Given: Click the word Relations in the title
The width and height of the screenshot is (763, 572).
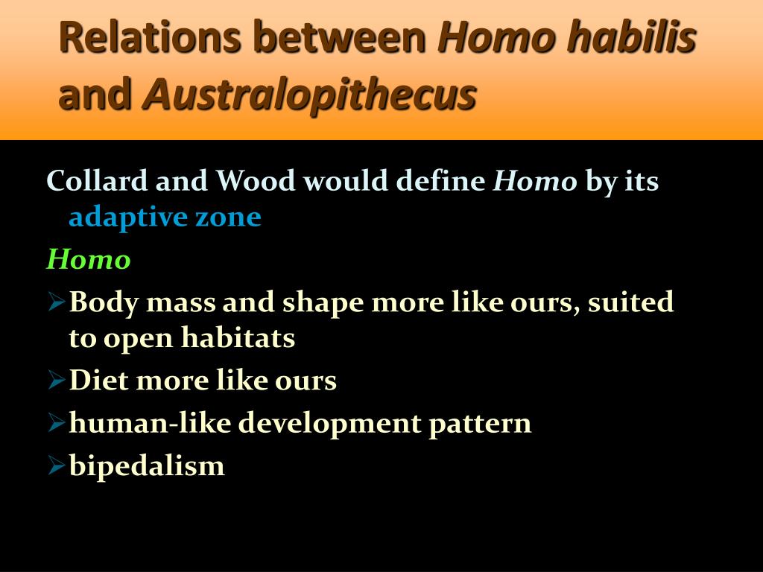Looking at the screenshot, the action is click(x=150, y=37).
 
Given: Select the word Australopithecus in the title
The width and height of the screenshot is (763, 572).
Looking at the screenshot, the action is click(x=309, y=95).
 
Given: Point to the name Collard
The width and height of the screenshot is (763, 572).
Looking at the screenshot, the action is click(x=97, y=180).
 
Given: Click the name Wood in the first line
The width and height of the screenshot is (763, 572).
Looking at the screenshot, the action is click(x=256, y=180).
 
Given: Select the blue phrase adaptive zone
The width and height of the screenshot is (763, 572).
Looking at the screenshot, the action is click(x=165, y=217).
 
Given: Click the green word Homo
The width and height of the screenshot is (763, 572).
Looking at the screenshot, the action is click(x=89, y=258).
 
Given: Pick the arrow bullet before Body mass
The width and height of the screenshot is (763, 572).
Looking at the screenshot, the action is click(x=57, y=302).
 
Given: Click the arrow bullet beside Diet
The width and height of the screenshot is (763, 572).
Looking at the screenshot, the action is click(x=57, y=380).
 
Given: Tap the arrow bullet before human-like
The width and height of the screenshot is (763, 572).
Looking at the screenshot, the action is click(x=57, y=423).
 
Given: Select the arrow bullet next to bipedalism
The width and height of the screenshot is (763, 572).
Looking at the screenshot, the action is click(x=57, y=465).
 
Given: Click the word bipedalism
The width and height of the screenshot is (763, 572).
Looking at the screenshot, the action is click(x=147, y=466).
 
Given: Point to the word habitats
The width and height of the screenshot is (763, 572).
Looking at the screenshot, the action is click(x=238, y=337).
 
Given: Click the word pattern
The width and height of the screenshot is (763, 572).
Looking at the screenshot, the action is click(x=480, y=424).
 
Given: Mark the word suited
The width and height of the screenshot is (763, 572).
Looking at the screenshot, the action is click(x=630, y=302).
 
